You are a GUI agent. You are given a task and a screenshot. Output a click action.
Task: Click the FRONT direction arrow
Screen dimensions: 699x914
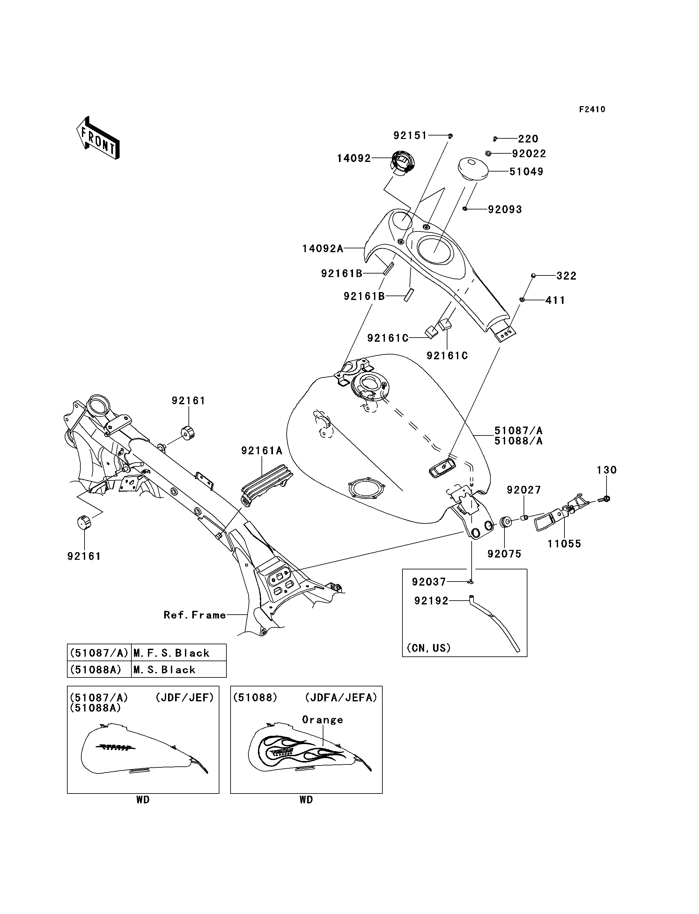click(98, 137)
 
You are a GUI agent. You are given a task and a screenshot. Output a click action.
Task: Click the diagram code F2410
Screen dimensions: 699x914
click(592, 109)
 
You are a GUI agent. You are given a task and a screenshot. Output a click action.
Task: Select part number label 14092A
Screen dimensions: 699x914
click(323, 249)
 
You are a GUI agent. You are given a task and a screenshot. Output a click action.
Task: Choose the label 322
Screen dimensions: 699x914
click(566, 276)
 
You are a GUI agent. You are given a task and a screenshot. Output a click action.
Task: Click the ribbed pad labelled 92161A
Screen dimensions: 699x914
click(266, 486)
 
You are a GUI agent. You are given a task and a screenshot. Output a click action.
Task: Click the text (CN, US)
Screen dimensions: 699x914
click(429, 648)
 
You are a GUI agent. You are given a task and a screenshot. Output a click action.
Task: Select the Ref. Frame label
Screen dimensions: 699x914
click(195, 615)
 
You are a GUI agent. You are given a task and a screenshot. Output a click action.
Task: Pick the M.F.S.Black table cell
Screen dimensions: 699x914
click(179, 653)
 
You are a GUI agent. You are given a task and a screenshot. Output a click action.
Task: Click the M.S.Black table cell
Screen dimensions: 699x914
click(179, 669)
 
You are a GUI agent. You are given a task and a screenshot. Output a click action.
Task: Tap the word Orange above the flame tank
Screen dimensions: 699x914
click(322, 720)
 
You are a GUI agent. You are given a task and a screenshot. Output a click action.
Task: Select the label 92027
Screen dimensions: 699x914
click(524, 490)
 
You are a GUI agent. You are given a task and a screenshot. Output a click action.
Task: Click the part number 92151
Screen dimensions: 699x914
click(410, 135)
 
